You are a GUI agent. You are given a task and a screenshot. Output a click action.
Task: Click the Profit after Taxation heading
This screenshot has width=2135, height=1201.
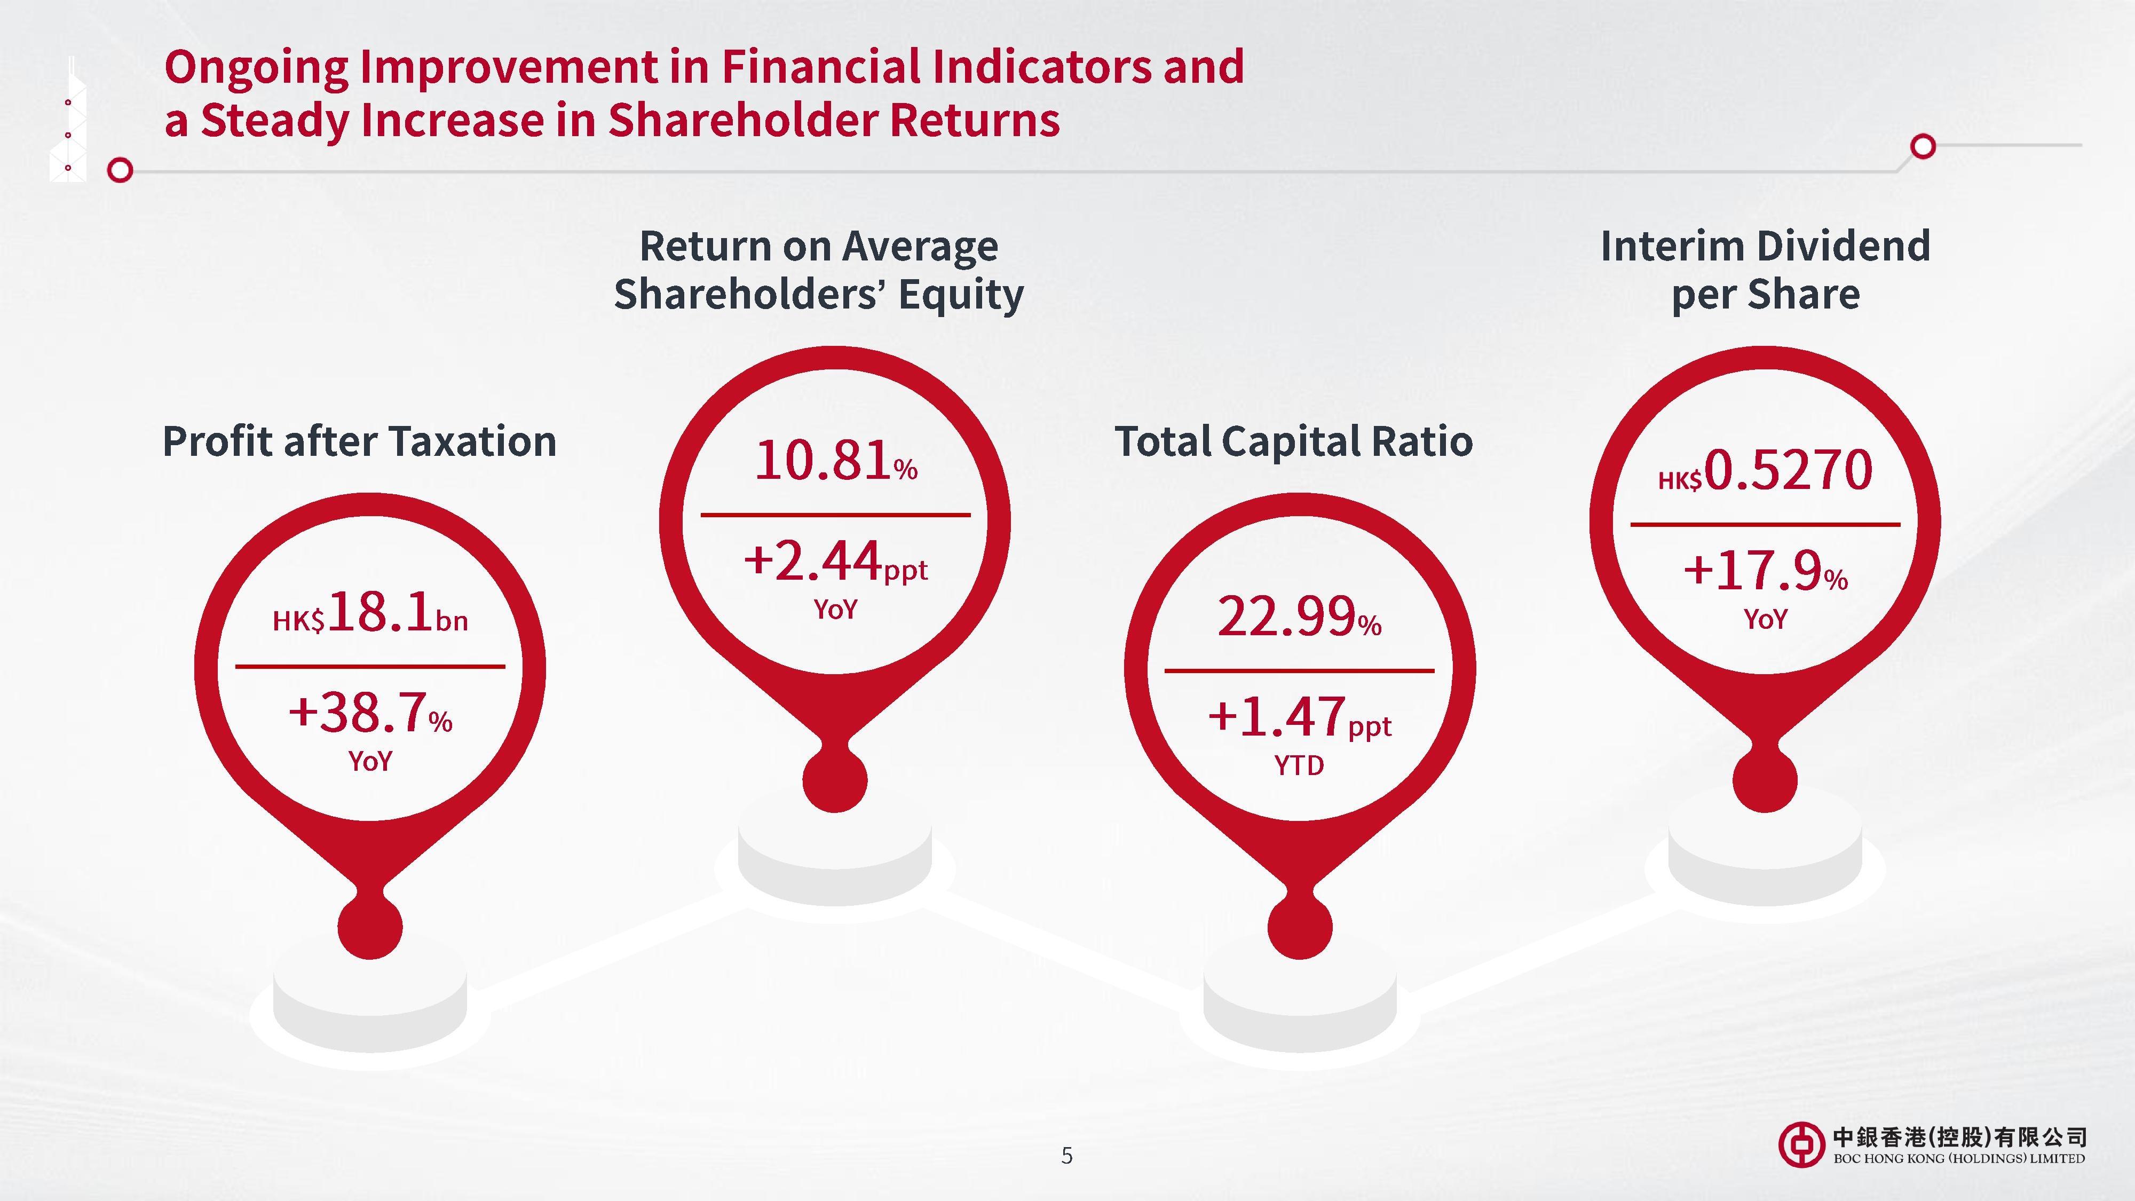(359, 441)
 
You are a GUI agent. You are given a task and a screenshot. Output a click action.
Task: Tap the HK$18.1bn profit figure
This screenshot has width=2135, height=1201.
(370, 613)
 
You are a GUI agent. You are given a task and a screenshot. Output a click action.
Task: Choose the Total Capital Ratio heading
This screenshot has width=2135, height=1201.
(1294, 441)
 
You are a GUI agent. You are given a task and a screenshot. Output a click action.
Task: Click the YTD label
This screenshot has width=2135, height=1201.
(1299, 765)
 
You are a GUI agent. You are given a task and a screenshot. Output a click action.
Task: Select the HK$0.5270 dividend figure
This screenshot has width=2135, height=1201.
(1765, 471)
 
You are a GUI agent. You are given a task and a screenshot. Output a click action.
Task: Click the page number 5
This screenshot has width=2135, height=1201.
(1066, 1156)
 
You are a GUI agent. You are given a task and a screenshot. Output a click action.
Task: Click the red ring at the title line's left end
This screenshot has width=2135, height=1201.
(120, 171)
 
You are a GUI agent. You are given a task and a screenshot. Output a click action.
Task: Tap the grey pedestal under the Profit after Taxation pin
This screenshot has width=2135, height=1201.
(370, 1007)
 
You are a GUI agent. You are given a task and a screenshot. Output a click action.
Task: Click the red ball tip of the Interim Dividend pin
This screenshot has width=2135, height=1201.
(1765, 781)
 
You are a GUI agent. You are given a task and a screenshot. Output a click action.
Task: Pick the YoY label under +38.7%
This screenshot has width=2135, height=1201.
(370, 761)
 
